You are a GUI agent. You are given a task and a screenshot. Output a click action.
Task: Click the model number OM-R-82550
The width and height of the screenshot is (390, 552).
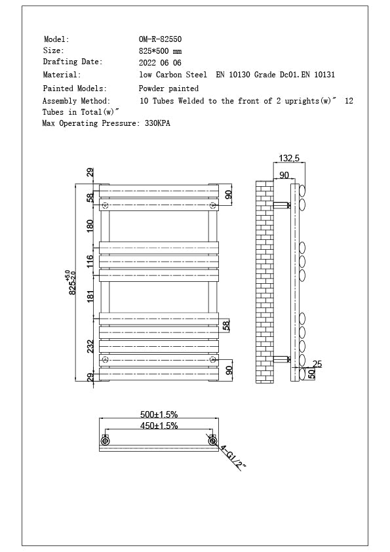[160, 39]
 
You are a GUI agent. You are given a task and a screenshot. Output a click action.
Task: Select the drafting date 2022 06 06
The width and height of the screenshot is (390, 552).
[160, 63]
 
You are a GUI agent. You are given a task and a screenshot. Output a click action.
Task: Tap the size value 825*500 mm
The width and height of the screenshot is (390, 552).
[160, 51]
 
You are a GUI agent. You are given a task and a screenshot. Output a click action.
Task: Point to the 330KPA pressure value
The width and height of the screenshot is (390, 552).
[157, 123]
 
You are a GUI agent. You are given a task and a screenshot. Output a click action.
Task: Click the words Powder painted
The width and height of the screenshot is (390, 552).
[168, 88]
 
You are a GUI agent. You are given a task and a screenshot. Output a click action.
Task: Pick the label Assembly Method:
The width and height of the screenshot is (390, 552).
[76, 101]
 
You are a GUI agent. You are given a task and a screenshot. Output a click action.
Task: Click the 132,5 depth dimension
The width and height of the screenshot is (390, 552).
[289, 159]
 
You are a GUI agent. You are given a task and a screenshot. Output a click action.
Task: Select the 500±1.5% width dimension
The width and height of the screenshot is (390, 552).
[159, 414]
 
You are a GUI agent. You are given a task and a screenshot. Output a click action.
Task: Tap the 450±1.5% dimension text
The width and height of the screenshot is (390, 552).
[159, 426]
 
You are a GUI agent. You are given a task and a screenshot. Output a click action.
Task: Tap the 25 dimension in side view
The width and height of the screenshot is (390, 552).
[317, 364]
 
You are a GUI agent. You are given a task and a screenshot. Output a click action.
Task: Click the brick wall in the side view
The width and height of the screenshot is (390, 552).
[263, 282]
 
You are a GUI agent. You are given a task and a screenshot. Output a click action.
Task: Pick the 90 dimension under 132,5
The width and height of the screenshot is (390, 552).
[284, 175]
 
